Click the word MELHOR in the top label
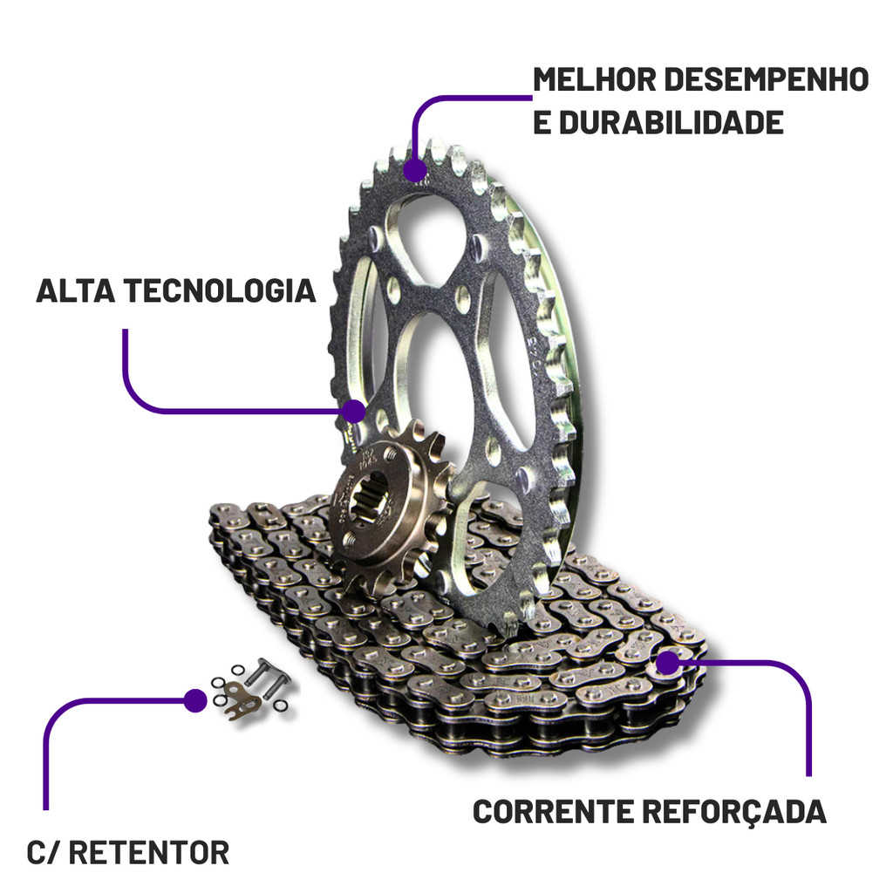click(x=594, y=79)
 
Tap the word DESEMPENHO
click(x=767, y=79)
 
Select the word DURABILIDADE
click(x=670, y=122)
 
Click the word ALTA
click(x=73, y=290)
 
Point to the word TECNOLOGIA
click(x=217, y=290)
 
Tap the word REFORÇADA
click(x=733, y=811)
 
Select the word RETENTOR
click(x=148, y=852)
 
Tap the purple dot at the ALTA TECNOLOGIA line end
click(x=354, y=410)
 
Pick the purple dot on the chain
click(x=667, y=663)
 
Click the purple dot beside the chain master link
click(x=194, y=699)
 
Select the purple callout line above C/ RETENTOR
click(x=52, y=741)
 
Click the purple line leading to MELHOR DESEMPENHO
click(x=462, y=98)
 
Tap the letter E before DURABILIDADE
click(x=542, y=122)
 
